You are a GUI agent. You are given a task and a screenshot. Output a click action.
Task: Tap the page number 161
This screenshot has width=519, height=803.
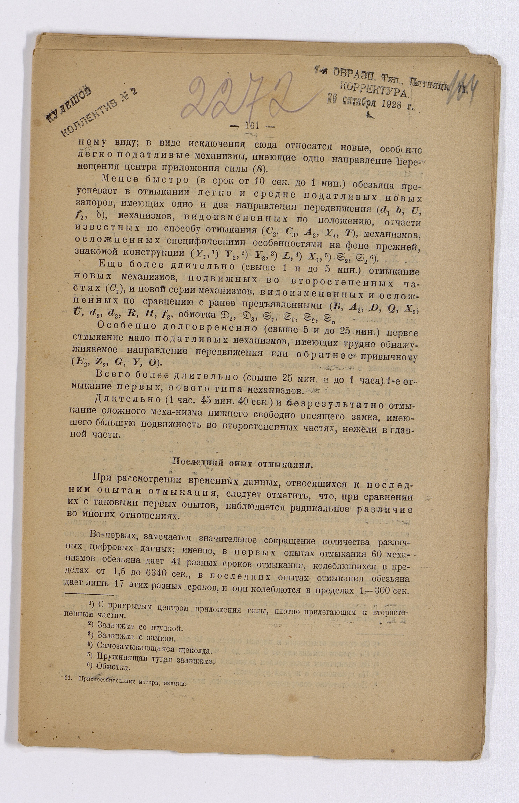tap(252, 126)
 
